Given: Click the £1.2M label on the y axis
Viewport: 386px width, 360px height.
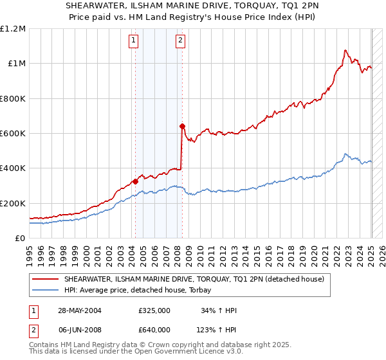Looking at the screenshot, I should (x=14, y=29).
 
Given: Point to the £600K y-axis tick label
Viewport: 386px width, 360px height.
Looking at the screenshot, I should (x=14, y=134).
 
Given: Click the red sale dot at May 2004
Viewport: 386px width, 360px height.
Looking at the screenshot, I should (x=136, y=181).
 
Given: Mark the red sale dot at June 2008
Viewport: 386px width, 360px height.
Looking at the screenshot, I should (x=183, y=126).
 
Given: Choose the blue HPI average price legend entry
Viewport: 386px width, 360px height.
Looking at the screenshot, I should (x=142, y=290).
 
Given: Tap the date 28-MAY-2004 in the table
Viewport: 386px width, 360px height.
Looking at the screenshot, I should (x=79, y=310).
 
